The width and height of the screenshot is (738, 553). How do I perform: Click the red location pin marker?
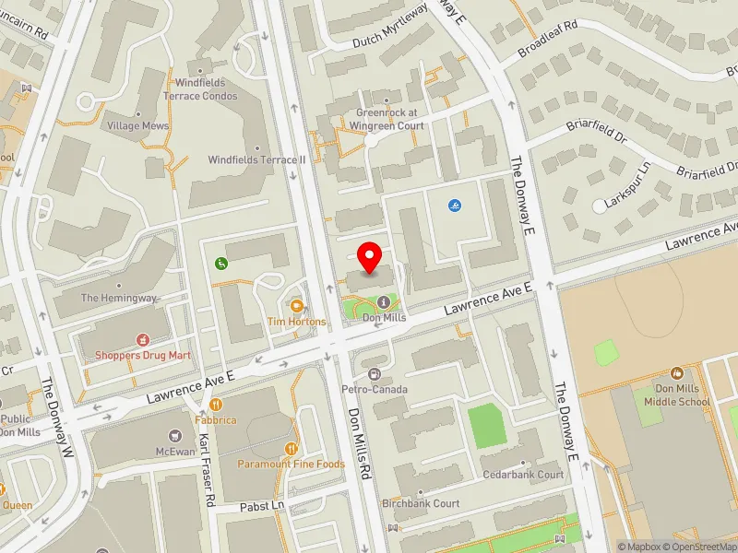370,257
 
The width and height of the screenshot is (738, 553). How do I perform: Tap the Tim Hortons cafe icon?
296,305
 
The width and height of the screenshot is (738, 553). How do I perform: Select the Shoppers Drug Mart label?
143,354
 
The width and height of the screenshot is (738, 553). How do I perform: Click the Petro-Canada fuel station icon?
375,373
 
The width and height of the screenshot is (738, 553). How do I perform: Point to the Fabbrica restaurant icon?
215,404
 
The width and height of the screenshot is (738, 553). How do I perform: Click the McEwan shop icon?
174,435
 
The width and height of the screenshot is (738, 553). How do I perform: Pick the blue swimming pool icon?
454,205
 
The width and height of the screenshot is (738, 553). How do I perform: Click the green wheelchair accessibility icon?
220,264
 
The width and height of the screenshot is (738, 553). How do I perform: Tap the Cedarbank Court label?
523,475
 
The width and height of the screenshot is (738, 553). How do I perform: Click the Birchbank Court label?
421,504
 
